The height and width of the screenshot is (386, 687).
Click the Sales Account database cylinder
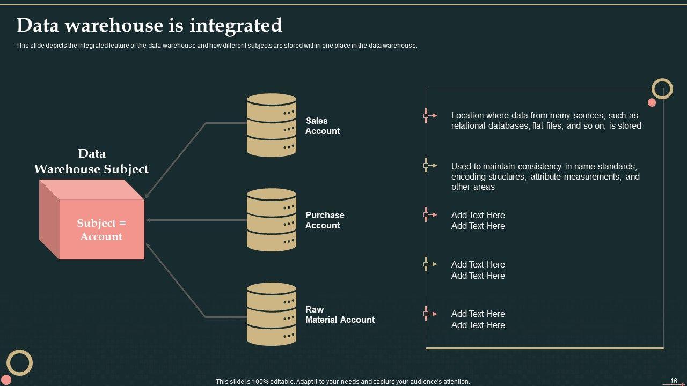tap(272, 125)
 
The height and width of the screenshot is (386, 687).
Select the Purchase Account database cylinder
tap(272, 220)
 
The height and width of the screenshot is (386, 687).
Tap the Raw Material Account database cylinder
tap(272, 314)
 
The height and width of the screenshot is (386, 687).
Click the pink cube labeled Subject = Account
tap(92, 219)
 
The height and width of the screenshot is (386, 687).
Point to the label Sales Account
tap(323, 126)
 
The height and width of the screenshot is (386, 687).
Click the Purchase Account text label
tap(325, 220)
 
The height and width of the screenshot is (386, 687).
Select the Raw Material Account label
tap(340, 315)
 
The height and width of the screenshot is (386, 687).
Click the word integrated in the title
tap(236, 25)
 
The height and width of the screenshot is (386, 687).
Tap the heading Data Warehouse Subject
tap(91, 161)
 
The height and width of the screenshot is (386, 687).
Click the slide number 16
tap(674, 381)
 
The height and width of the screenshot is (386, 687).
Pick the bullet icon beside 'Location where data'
tap(430, 115)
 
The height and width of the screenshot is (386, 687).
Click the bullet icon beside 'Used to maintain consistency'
tap(430, 166)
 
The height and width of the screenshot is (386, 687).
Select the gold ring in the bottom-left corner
tap(20, 363)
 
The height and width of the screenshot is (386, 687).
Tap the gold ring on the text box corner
tap(662, 89)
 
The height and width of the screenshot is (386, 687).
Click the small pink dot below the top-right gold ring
tap(652, 102)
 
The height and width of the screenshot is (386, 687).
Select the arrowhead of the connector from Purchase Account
tap(148, 220)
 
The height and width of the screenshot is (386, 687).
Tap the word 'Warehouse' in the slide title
tap(114, 25)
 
